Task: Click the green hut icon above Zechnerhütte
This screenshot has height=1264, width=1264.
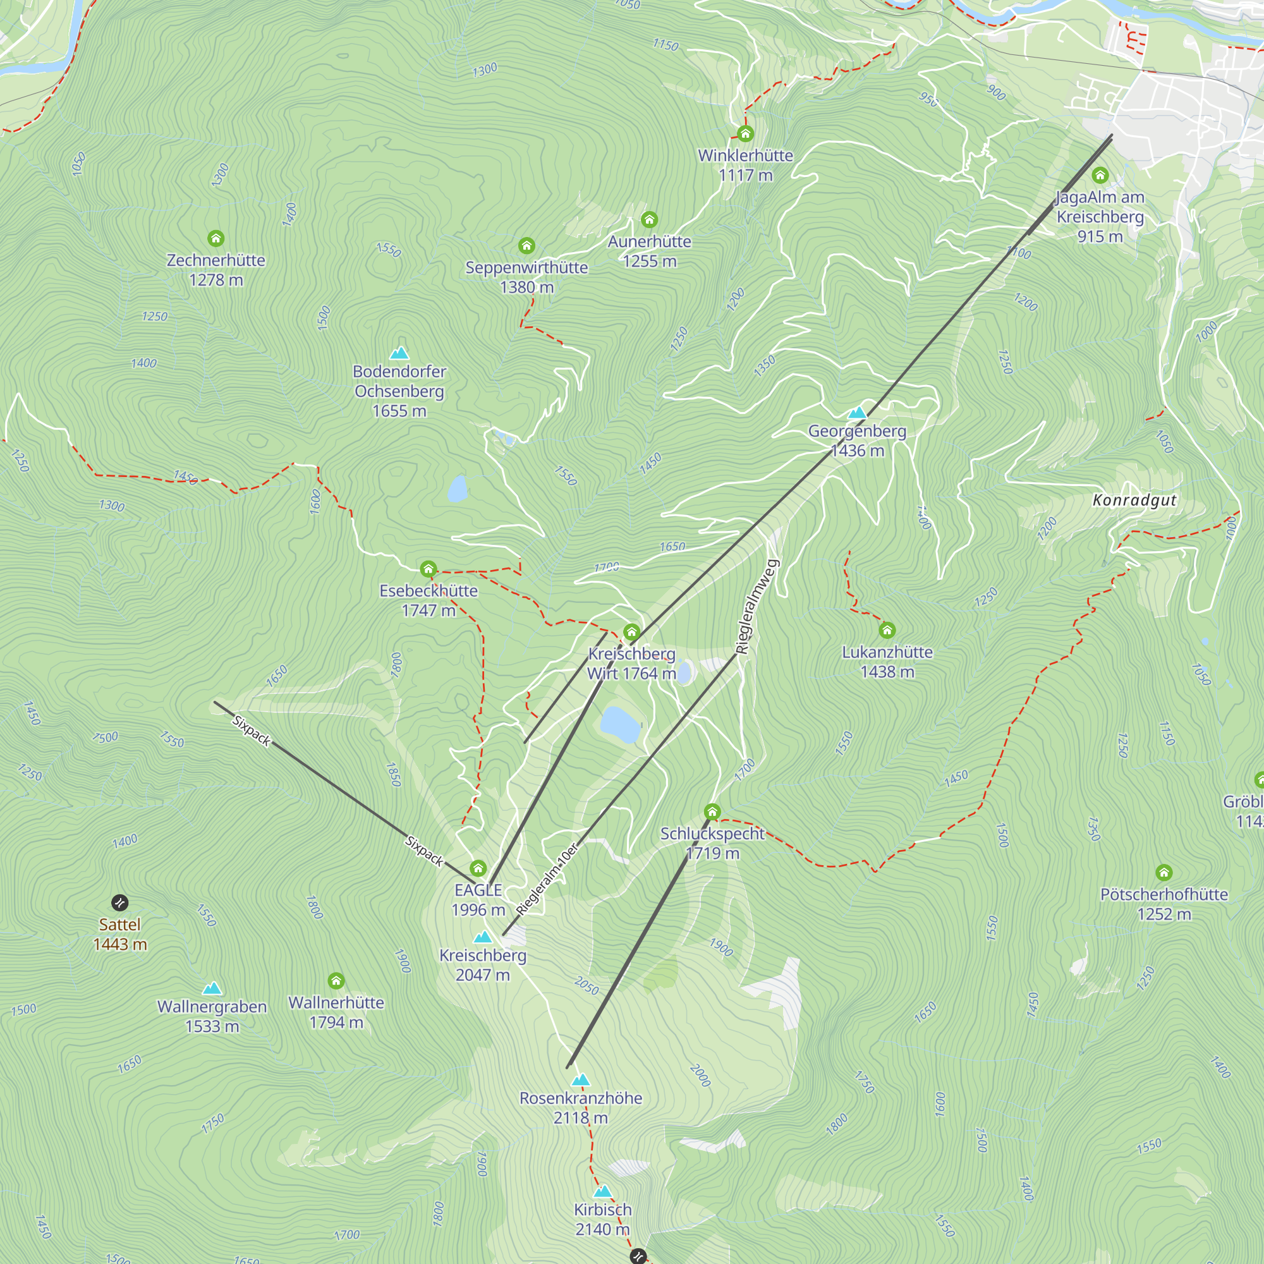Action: tap(216, 238)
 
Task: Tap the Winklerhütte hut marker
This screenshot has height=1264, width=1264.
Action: tap(745, 134)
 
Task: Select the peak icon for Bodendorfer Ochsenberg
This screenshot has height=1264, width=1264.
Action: tap(399, 354)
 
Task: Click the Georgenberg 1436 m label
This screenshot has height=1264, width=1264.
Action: tap(857, 441)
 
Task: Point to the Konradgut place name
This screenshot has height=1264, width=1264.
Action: tap(1134, 501)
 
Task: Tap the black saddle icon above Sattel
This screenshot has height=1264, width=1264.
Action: tap(119, 903)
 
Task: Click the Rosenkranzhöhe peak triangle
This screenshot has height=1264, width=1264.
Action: tap(580, 1080)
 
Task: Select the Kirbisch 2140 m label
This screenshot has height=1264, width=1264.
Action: tap(602, 1220)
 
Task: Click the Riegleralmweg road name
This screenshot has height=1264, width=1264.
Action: tap(757, 607)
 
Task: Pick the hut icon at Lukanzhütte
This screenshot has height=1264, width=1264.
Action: tap(887, 630)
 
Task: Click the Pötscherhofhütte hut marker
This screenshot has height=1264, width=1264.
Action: tap(1164, 872)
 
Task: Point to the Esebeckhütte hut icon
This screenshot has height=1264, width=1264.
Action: tap(428, 569)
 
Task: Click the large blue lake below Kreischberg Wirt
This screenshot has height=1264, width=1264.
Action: tap(619, 724)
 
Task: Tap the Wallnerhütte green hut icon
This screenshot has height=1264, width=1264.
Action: tap(336, 981)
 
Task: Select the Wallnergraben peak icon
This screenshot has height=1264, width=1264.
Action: tap(212, 988)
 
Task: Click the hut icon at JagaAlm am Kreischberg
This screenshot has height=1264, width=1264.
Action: tap(1100, 175)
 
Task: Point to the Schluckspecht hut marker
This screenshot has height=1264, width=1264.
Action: tap(712, 812)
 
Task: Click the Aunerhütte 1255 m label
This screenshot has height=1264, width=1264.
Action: tap(649, 252)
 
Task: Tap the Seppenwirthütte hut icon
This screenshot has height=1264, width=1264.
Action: tap(526, 246)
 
